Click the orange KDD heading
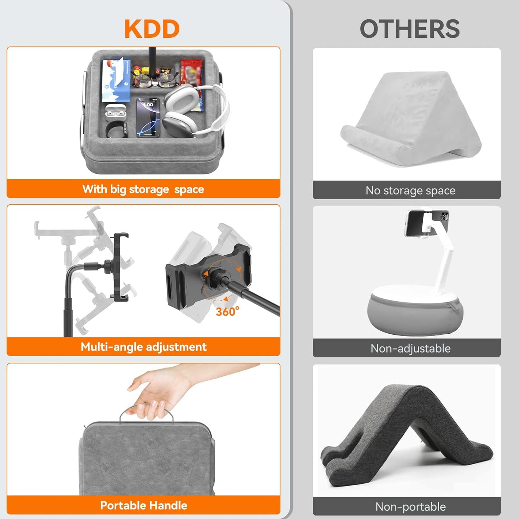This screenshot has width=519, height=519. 152,29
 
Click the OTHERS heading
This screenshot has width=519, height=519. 409,29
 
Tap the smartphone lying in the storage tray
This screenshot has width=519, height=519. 148,117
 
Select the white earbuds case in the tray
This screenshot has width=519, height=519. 116,111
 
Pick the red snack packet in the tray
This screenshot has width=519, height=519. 192,75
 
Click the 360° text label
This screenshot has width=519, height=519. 227,311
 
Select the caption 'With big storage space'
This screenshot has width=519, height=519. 143,189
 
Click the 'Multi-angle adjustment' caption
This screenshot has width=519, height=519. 143,347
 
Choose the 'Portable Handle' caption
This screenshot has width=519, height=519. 143,505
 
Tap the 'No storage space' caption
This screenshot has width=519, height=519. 410,190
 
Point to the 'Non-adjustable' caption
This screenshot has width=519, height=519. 410,348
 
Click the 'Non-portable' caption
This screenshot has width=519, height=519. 410,507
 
